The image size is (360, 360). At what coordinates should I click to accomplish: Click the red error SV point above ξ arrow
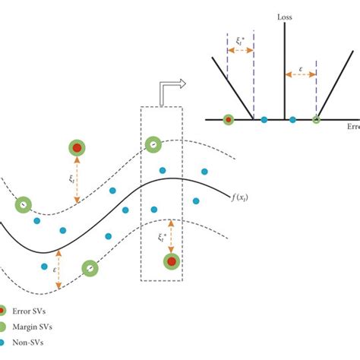[x=77, y=148]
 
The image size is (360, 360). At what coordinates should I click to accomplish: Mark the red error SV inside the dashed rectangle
[x=172, y=262]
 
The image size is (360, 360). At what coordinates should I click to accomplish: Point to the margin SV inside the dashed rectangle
[x=153, y=144]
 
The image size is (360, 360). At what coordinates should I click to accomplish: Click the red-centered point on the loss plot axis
[x=228, y=119]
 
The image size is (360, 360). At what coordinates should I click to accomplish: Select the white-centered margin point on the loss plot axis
[x=317, y=119]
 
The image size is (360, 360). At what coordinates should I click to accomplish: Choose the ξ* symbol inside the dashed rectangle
[x=162, y=237]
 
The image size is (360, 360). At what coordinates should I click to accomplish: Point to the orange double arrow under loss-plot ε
[x=299, y=75]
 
